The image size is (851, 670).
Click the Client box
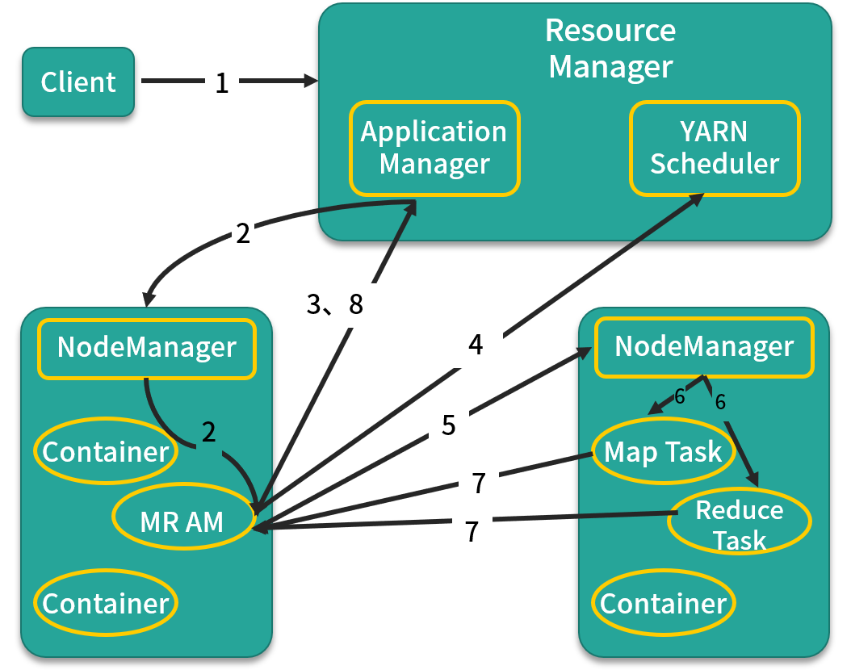click(x=78, y=82)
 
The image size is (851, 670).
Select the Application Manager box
click(x=434, y=148)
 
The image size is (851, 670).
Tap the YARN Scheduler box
click(x=715, y=148)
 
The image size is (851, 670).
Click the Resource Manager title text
click(x=610, y=48)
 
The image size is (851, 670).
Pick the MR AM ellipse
click(x=182, y=521)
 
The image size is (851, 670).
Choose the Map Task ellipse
click(x=663, y=452)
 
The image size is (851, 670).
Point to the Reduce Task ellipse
click(x=740, y=524)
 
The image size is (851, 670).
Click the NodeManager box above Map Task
click(x=704, y=347)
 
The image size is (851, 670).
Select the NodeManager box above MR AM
click(x=147, y=348)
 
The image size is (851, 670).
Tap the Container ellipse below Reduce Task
click(x=663, y=603)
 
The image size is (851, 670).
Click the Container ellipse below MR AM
click(x=106, y=603)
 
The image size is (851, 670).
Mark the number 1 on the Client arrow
click(x=222, y=82)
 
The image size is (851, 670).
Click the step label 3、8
click(x=335, y=304)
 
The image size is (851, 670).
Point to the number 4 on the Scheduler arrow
click(x=476, y=345)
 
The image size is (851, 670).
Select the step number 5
click(x=449, y=425)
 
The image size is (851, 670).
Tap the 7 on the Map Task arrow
click(x=479, y=484)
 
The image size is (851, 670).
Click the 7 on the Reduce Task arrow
click(x=472, y=530)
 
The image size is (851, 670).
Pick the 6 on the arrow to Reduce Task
click(x=721, y=401)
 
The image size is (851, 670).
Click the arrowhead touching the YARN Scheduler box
click(x=697, y=200)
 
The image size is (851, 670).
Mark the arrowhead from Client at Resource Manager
click(x=312, y=82)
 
